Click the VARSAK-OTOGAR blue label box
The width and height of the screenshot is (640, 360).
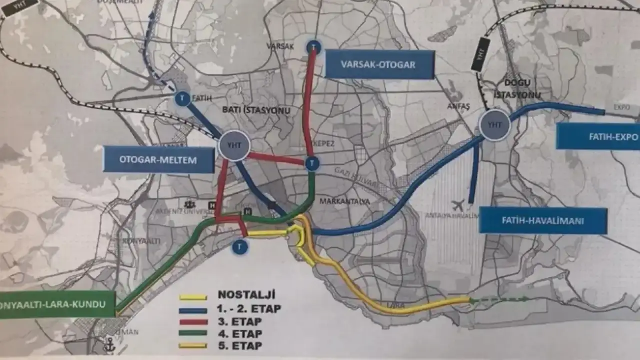tap(378, 64)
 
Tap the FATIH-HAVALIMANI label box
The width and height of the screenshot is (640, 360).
tap(543, 220)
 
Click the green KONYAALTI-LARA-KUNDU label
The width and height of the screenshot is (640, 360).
tap(57, 304)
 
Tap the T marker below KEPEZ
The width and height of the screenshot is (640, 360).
tap(312, 163)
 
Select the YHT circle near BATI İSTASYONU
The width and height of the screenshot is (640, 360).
tap(234, 145)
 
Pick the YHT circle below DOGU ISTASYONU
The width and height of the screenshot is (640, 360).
tap(495, 126)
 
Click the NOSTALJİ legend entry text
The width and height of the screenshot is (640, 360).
tap(246, 295)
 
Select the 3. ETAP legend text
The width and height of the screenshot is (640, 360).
tap(240, 321)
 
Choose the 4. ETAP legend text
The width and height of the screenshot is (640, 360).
tap(240, 333)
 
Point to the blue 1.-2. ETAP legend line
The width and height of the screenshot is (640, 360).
tap(193, 310)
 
